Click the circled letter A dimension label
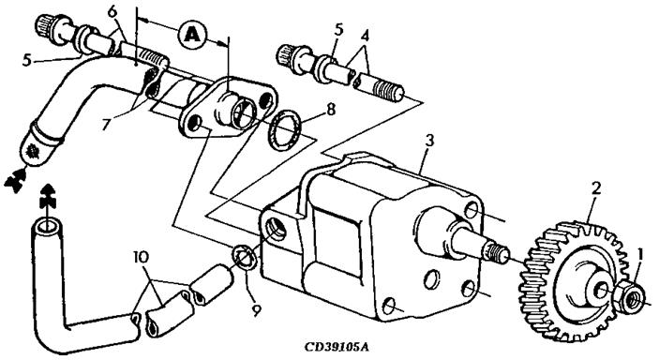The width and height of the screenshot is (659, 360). click(x=192, y=35)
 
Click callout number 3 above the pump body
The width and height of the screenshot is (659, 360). click(x=428, y=142)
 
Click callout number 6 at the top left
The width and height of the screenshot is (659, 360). click(x=112, y=12)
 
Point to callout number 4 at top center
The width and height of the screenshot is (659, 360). click(x=365, y=36)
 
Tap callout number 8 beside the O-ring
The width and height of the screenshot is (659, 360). click(x=331, y=111)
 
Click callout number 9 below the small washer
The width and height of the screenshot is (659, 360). click(x=256, y=310)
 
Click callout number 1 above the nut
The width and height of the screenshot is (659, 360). click(x=640, y=254)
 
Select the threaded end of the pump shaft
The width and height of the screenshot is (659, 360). click(x=497, y=253)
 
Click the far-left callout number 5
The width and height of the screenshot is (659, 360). click(x=27, y=60)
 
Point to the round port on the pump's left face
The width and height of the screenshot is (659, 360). click(x=277, y=229)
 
